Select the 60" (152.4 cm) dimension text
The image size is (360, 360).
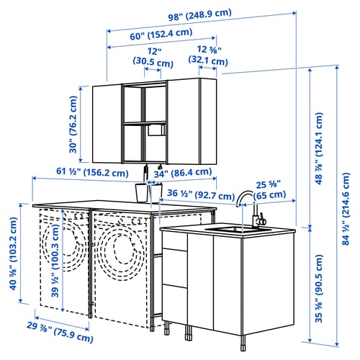coord(161,32)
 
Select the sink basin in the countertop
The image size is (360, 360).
coord(234,230)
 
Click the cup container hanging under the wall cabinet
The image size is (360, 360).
coord(143,192)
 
